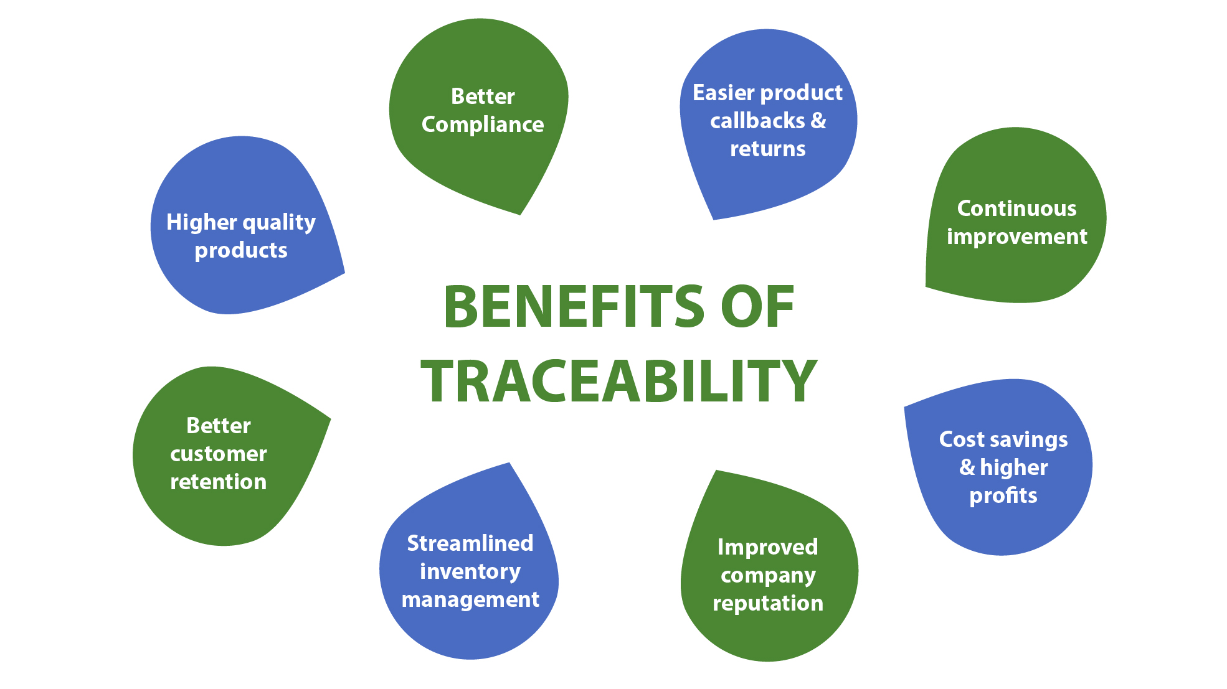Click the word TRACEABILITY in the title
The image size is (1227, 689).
618,381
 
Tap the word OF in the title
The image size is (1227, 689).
757,307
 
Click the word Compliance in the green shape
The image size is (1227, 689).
483,125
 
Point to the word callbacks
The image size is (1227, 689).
757,121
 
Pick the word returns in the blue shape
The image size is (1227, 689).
767,149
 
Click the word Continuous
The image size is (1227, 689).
1016,209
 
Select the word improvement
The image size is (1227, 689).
1016,237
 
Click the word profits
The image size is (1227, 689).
1003,496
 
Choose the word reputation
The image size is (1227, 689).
767,604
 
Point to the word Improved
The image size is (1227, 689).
767,547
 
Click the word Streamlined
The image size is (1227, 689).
470,543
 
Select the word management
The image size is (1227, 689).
470,600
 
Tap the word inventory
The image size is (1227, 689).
470,571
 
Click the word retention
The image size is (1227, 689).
218,482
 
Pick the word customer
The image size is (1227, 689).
218,454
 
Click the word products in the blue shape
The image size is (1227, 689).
241,251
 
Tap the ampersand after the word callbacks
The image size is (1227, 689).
818,121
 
